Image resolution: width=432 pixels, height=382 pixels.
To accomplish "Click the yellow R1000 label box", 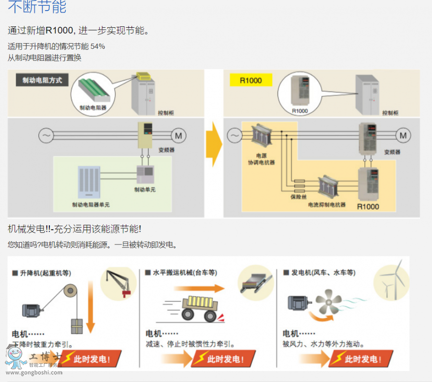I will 251,80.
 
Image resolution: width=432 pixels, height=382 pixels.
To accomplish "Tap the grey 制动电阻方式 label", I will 42,80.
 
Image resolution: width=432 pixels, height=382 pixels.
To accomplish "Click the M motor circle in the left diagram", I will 179,136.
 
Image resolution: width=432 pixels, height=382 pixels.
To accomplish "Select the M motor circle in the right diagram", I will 403,136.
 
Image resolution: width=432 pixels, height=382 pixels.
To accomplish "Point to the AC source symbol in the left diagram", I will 46,136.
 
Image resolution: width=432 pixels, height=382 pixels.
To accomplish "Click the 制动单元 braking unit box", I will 145,175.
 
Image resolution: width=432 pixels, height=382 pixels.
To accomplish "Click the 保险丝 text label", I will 299,197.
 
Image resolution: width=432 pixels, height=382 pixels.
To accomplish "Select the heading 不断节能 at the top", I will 37,7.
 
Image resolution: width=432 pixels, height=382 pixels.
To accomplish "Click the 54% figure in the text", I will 97,46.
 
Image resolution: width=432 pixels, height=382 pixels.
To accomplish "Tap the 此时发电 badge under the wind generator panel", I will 361,359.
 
